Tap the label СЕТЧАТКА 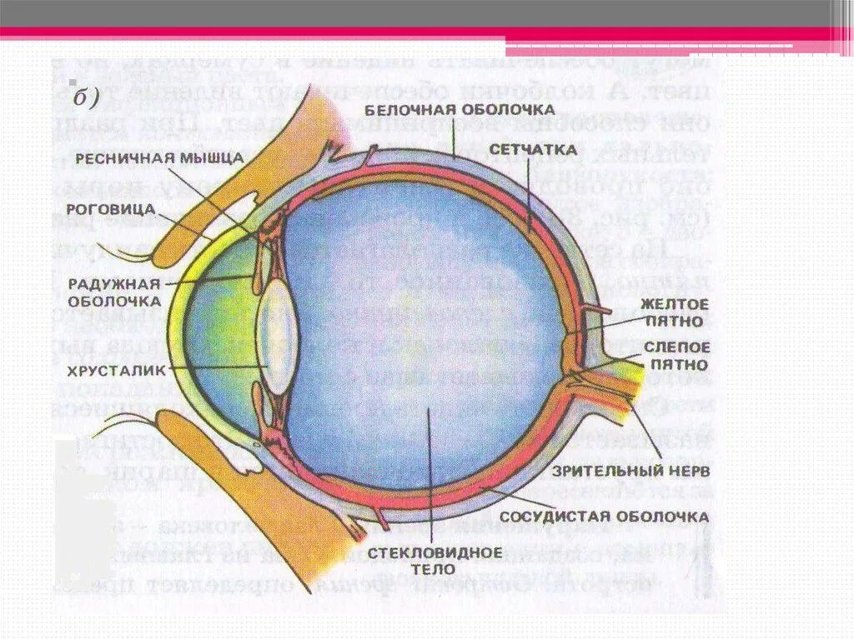(x=533, y=150)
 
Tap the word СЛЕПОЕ (x=676, y=347)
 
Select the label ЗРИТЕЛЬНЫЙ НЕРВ (x=630, y=471)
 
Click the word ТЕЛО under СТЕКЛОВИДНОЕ (x=434, y=570)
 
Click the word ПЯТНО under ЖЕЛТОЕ (x=676, y=320)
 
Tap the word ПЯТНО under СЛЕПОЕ (x=676, y=364)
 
